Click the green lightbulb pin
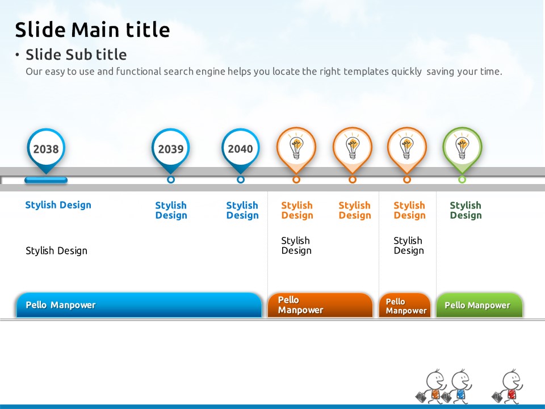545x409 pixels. point(462,150)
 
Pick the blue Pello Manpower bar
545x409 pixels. point(139,305)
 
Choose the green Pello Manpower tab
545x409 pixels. point(479,305)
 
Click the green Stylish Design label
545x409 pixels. point(466,210)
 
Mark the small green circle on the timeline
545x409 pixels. point(462,180)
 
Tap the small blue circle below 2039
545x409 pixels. point(171,180)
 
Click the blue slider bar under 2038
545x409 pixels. point(46,180)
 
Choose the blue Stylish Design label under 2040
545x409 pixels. point(242,210)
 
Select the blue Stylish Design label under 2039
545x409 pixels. point(171,210)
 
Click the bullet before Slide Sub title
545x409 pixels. point(18,55)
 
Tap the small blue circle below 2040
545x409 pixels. point(241,180)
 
